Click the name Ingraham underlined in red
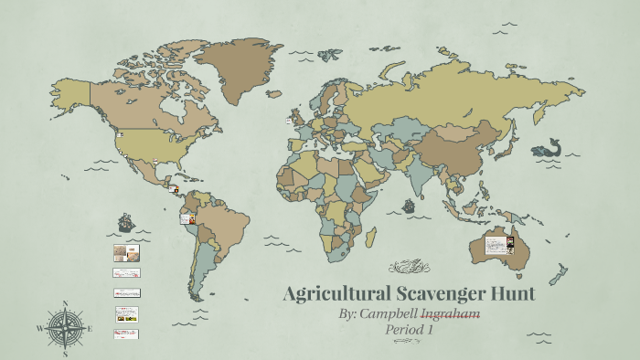pos(450,313)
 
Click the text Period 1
pos(410,329)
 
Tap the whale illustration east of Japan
pos(549,146)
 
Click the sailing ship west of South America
pos(126,222)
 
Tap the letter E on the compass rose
pos(89,328)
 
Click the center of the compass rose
pos(65,328)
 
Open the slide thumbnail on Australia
pos(499,245)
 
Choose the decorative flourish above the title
pos(409,267)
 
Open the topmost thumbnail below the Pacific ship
pos(125,252)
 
